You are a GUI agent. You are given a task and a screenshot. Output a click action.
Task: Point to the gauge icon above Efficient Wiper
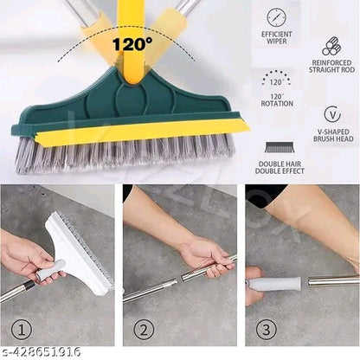coord(277,17)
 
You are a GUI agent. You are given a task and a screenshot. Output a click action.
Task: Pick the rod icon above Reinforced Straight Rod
coord(331,45)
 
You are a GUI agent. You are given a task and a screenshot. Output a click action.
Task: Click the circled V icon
coord(331,114)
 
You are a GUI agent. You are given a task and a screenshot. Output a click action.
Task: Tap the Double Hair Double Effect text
coord(277,168)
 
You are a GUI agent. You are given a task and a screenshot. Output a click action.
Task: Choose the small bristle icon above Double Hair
coord(277,148)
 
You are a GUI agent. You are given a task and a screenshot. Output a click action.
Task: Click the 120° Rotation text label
coord(277,100)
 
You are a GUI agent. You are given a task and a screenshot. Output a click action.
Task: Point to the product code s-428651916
coord(42,352)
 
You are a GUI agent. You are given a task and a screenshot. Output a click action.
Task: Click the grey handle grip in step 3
coord(275,283)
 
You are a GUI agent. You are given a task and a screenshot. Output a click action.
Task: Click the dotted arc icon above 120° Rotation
coord(277,77)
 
